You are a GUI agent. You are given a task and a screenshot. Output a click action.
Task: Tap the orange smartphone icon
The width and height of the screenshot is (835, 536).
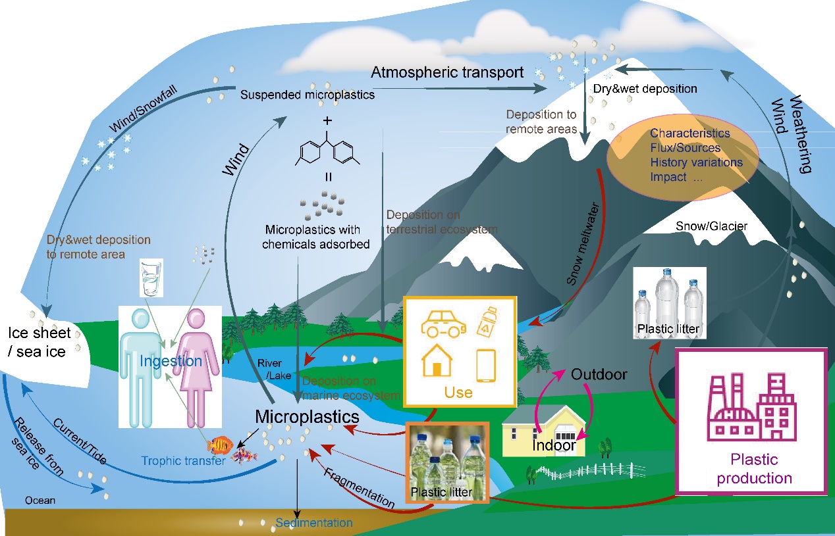485,365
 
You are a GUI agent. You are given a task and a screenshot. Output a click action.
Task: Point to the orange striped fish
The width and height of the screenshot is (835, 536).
219,447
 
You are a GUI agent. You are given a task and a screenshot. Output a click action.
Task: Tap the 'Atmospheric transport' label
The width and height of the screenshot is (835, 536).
447,72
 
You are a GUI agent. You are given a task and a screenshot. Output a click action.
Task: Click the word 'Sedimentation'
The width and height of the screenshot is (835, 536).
314,523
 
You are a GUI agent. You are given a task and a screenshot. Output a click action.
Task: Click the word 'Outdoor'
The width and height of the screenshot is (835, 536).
599,375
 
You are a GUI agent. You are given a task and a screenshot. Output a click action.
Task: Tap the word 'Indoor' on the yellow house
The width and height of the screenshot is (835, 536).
554,445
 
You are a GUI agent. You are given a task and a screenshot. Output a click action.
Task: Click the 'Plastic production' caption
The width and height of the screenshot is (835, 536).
754,469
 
